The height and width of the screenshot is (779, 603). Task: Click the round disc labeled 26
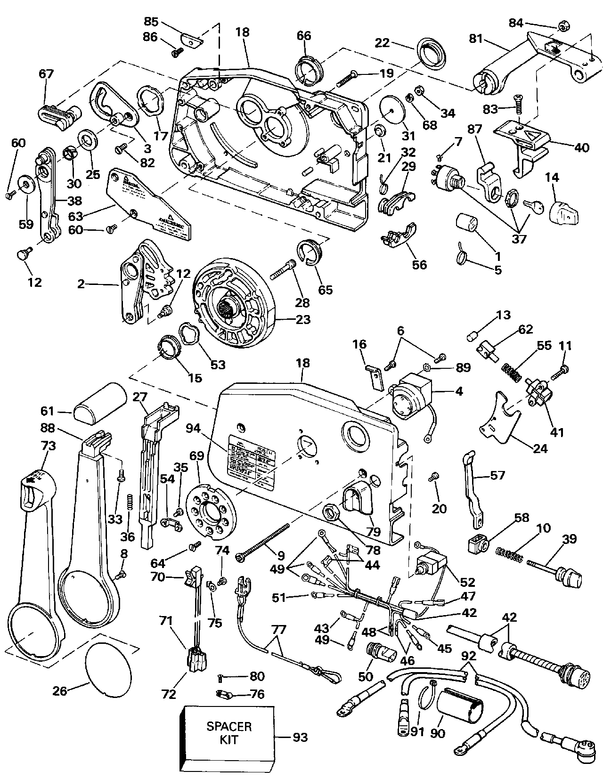(108, 669)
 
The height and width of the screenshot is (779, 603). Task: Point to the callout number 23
(303, 319)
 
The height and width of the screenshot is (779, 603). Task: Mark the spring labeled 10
(510, 553)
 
